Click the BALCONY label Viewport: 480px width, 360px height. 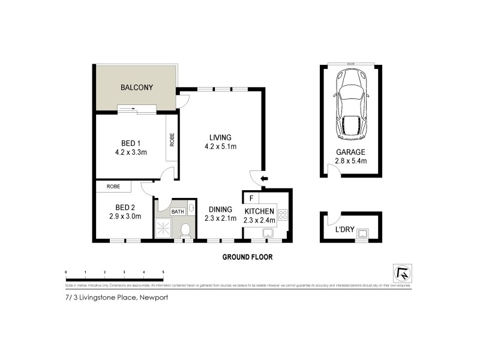click(137, 88)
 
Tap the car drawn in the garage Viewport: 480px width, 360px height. click(351, 103)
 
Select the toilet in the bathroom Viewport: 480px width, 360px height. click(186, 230)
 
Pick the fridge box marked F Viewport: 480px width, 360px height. click(251, 197)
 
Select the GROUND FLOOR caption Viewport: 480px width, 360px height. click(247, 257)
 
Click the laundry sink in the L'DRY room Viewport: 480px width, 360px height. click(362, 233)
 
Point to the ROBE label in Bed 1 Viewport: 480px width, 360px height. click(172, 140)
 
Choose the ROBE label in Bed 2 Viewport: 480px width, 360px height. click(113, 187)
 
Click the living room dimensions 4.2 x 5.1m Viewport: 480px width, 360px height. click(220, 146)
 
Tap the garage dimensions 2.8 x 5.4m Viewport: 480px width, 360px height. click(351, 161)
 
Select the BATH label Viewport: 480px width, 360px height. click(178, 211)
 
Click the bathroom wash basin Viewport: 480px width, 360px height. click(191, 208)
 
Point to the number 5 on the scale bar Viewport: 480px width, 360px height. click(163, 272)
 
